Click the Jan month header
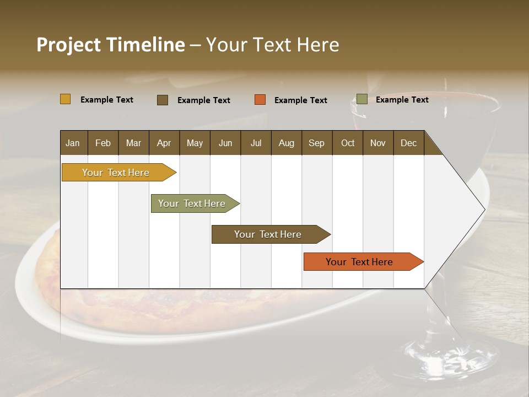(x=73, y=143)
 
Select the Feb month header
(x=103, y=143)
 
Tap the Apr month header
(x=164, y=143)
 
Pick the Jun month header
(x=225, y=143)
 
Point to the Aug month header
(x=286, y=143)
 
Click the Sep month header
(x=316, y=143)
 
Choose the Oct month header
(x=348, y=143)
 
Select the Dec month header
(x=408, y=143)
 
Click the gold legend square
(x=66, y=99)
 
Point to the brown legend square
(x=163, y=100)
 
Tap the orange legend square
(x=260, y=100)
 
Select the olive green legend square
(x=361, y=99)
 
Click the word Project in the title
(x=69, y=45)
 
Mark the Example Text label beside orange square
(x=301, y=100)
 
